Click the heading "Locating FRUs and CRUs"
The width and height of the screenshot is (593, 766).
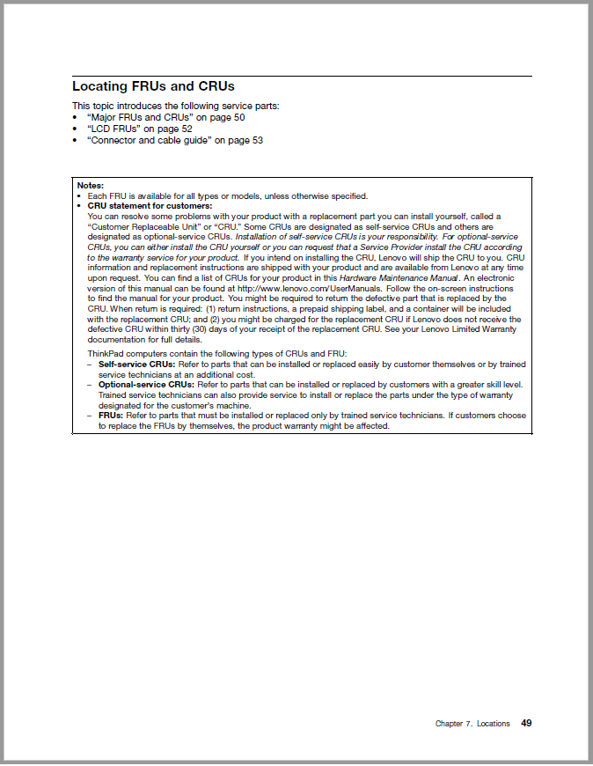[153, 87]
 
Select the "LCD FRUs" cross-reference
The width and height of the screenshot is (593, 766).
[113, 129]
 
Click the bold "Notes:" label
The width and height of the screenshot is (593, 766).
[91, 186]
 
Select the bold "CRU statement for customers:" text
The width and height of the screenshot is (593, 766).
[150, 206]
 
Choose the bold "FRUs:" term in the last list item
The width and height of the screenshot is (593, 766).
[111, 416]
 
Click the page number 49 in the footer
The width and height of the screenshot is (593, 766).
[526, 724]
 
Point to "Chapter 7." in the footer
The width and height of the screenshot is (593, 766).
[454, 725]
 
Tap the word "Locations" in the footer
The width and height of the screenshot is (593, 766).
[494, 725]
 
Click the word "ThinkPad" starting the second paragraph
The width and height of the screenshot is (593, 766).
[106, 353]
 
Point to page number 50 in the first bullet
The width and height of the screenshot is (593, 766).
[239, 117]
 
